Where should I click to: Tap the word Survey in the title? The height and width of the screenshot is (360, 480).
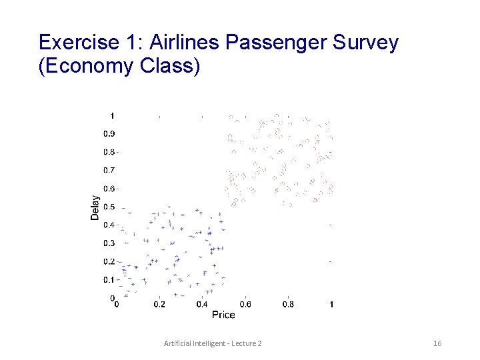[x=365, y=43]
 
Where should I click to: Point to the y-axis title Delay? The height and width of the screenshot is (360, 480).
[x=95, y=207]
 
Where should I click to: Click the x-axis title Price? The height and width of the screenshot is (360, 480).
[x=223, y=314]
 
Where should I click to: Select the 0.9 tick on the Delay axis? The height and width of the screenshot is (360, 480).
[x=109, y=133]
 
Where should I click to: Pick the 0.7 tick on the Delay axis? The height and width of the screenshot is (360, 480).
[x=109, y=170]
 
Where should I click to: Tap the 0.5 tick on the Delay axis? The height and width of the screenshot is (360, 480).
[x=109, y=207]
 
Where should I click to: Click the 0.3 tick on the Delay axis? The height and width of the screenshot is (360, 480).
[x=109, y=243]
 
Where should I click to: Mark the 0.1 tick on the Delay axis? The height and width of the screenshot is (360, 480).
[x=109, y=279]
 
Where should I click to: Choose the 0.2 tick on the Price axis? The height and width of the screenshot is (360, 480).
[x=159, y=305]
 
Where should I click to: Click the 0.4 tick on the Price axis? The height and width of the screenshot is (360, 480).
[x=202, y=305]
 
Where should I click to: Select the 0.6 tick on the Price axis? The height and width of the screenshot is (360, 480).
[x=245, y=305]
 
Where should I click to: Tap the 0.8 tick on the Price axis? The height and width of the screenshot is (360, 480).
[x=287, y=305]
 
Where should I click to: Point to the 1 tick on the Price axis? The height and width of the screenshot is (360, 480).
[x=331, y=305]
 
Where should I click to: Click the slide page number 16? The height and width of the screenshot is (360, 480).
[x=437, y=343]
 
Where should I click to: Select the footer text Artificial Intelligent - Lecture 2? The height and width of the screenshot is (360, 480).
[x=213, y=343]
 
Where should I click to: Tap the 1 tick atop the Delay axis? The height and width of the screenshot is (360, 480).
[x=112, y=115]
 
